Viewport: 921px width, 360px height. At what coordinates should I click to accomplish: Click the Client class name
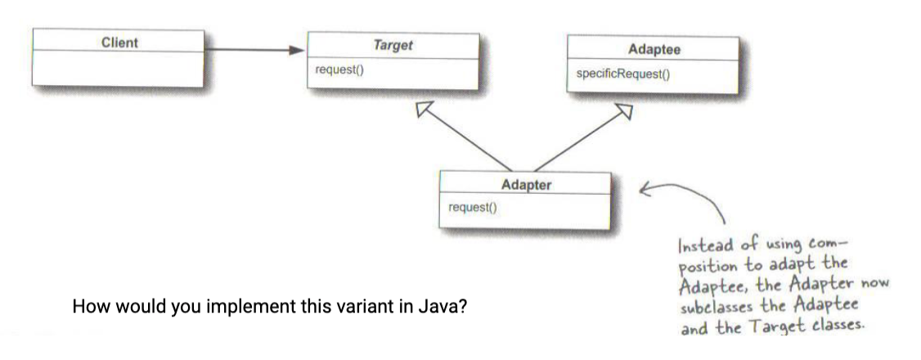tap(119, 43)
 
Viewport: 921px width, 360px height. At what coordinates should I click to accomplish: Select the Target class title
tap(393, 45)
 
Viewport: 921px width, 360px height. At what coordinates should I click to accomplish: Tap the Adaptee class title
tap(654, 49)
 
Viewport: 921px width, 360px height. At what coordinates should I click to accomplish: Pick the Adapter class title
tap(526, 185)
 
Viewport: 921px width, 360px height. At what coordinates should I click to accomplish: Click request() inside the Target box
tap(339, 70)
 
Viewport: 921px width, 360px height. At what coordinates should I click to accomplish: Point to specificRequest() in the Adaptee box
tap(622, 74)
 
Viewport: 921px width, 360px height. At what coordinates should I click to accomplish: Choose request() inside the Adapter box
tap(472, 207)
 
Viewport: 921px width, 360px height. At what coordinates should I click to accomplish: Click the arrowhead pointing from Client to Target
tap(297, 50)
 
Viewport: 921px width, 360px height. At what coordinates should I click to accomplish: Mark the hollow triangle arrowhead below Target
tap(424, 110)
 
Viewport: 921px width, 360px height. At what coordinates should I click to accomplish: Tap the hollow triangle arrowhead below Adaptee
tap(624, 111)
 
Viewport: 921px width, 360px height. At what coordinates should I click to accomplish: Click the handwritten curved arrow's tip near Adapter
tap(640, 190)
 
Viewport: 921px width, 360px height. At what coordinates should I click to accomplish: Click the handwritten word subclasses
tap(714, 307)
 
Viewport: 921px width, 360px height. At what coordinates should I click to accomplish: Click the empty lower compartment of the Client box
tap(118, 70)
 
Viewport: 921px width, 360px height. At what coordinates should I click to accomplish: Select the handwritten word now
tap(874, 285)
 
